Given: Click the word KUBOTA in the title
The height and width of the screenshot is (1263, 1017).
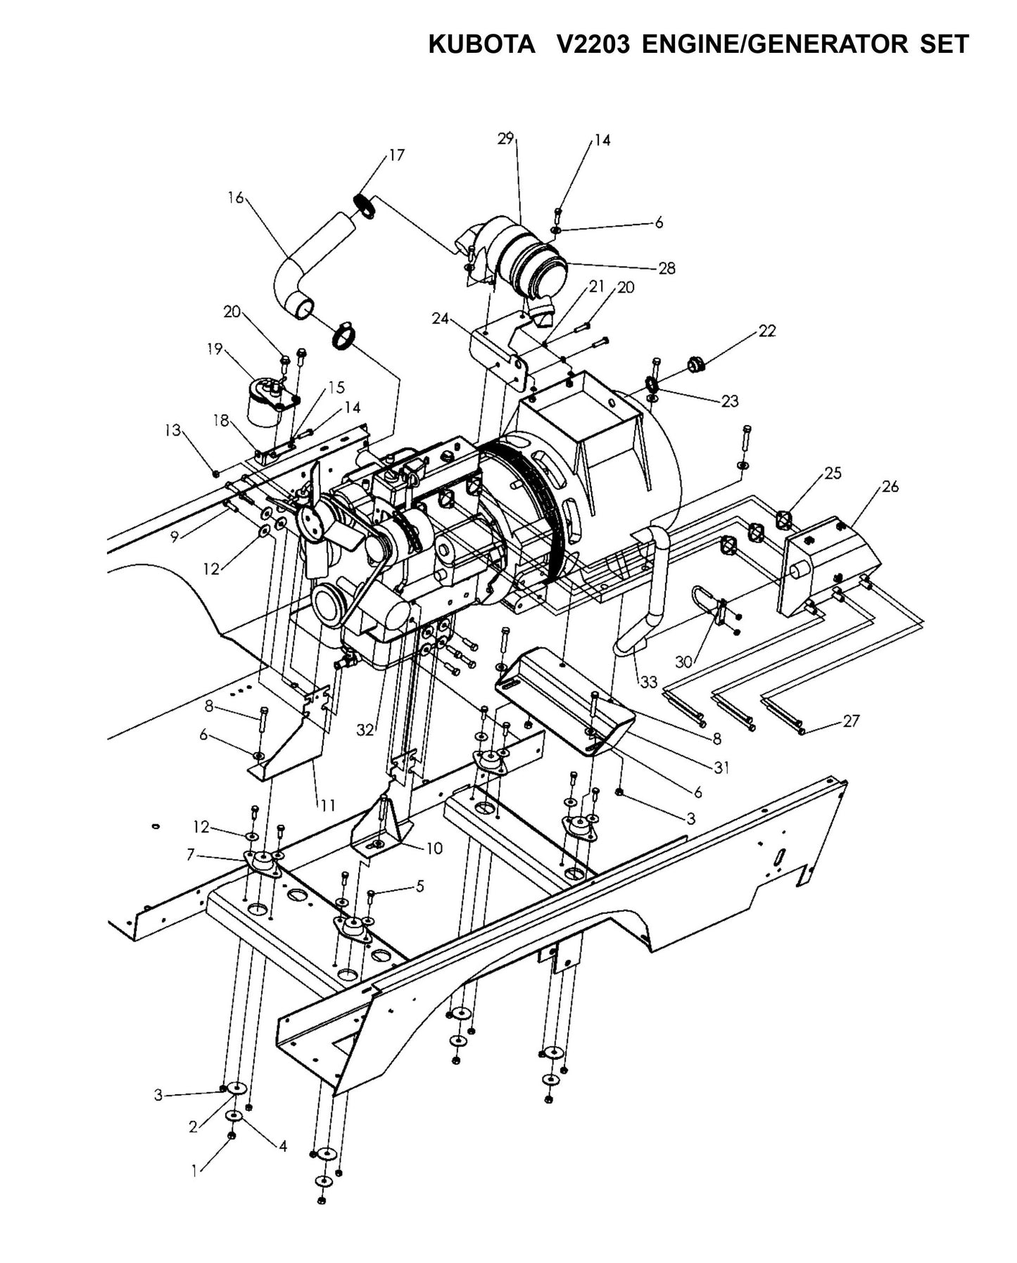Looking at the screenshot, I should [481, 45].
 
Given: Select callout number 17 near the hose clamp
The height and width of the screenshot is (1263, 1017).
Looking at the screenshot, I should [397, 155].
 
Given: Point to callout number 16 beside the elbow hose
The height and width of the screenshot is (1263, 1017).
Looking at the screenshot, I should [235, 198].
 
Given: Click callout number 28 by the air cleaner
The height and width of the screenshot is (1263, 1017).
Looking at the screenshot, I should [667, 267].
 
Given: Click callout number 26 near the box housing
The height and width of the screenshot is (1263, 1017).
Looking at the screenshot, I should [890, 486].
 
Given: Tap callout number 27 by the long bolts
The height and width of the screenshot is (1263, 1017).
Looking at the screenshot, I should [851, 721].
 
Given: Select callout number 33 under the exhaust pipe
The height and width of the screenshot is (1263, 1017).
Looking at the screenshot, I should [648, 682].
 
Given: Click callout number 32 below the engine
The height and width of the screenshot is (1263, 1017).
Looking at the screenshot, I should [365, 730].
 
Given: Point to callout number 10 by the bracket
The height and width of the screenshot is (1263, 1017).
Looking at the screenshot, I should [434, 849].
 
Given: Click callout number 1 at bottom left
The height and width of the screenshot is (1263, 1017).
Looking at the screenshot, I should [194, 1172].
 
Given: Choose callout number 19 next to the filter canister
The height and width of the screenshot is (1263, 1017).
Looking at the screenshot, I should [215, 348].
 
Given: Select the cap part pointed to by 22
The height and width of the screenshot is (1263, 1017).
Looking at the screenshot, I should [695, 364].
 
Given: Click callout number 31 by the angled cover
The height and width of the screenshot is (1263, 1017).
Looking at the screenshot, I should [721, 768].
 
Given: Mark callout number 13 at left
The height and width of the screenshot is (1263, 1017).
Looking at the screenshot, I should [173, 430].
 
